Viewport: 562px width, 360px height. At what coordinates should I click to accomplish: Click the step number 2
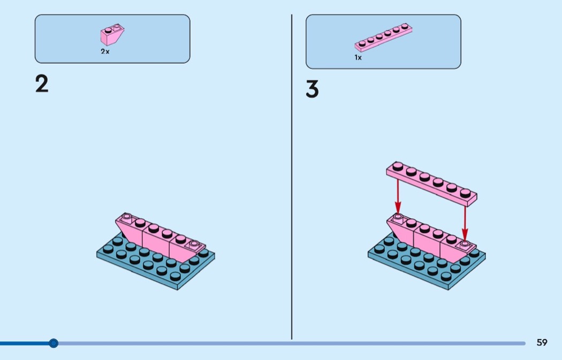tap(42, 84)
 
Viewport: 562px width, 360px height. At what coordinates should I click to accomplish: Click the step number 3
tap(312, 89)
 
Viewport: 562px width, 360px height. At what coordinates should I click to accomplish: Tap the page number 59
tap(542, 342)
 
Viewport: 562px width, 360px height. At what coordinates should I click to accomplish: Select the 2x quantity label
tap(105, 51)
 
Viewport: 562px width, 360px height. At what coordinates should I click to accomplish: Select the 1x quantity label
tap(358, 57)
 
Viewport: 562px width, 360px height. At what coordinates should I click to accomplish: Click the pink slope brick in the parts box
tap(112, 34)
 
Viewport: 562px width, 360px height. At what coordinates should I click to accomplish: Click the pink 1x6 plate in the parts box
tap(383, 37)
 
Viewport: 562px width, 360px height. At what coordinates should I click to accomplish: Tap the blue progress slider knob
tap(54, 343)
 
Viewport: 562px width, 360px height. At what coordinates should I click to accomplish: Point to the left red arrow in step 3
tap(398, 196)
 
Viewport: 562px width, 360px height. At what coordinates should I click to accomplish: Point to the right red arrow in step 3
tap(465, 223)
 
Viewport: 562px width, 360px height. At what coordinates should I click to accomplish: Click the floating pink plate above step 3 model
tap(431, 184)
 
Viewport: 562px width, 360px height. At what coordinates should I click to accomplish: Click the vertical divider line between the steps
tap(292, 177)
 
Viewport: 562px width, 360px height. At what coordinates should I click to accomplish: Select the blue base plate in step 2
tap(156, 261)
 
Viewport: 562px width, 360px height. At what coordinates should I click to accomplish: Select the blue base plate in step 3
tap(427, 261)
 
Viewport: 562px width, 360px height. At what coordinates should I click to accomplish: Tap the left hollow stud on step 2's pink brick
tap(126, 217)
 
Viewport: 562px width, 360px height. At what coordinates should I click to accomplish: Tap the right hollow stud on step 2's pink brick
tap(194, 244)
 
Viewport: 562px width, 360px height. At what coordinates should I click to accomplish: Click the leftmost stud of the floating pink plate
tap(398, 166)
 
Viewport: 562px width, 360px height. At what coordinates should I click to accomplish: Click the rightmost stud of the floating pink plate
tap(465, 193)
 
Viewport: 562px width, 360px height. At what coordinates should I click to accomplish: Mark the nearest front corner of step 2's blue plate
tap(177, 289)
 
